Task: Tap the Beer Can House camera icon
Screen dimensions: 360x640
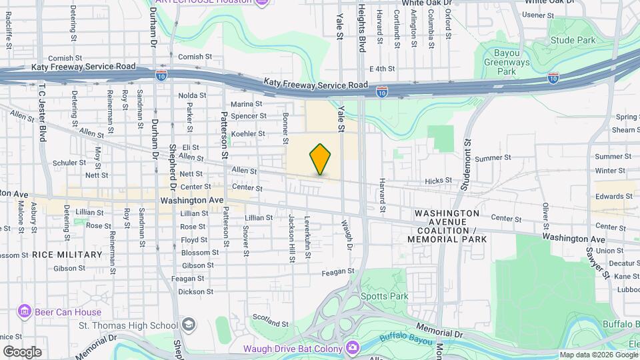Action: (25, 312)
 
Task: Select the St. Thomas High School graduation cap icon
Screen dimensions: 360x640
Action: (189, 325)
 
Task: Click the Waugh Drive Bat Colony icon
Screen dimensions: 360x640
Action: (353, 348)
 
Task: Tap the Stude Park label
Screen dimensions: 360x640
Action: (573, 41)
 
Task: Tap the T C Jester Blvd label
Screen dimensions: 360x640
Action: (42, 108)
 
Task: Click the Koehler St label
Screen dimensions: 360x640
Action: (248, 134)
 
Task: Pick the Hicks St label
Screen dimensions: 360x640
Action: (438, 181)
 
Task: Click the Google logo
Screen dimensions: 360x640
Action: (22, 352)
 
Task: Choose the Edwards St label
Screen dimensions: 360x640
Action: (614, 196)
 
